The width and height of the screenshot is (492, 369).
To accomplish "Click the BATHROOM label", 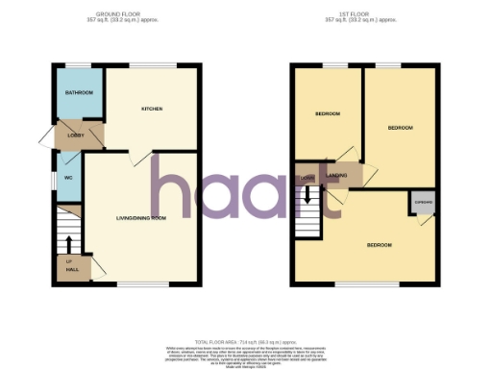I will point(79,92).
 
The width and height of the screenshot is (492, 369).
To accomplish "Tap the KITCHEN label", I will point(152,109).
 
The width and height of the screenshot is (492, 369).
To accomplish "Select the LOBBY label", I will point(76,135).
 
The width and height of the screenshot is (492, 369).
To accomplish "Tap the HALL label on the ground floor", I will point(69,265).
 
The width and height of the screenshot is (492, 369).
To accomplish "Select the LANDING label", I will point(337,175).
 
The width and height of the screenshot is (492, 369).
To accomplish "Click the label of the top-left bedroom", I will point(328,114).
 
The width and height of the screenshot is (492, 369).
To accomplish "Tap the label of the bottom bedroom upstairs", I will point(379,245).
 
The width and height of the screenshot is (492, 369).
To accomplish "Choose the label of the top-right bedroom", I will point(400,127).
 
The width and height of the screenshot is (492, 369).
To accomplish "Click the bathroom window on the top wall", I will point(76,65).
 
